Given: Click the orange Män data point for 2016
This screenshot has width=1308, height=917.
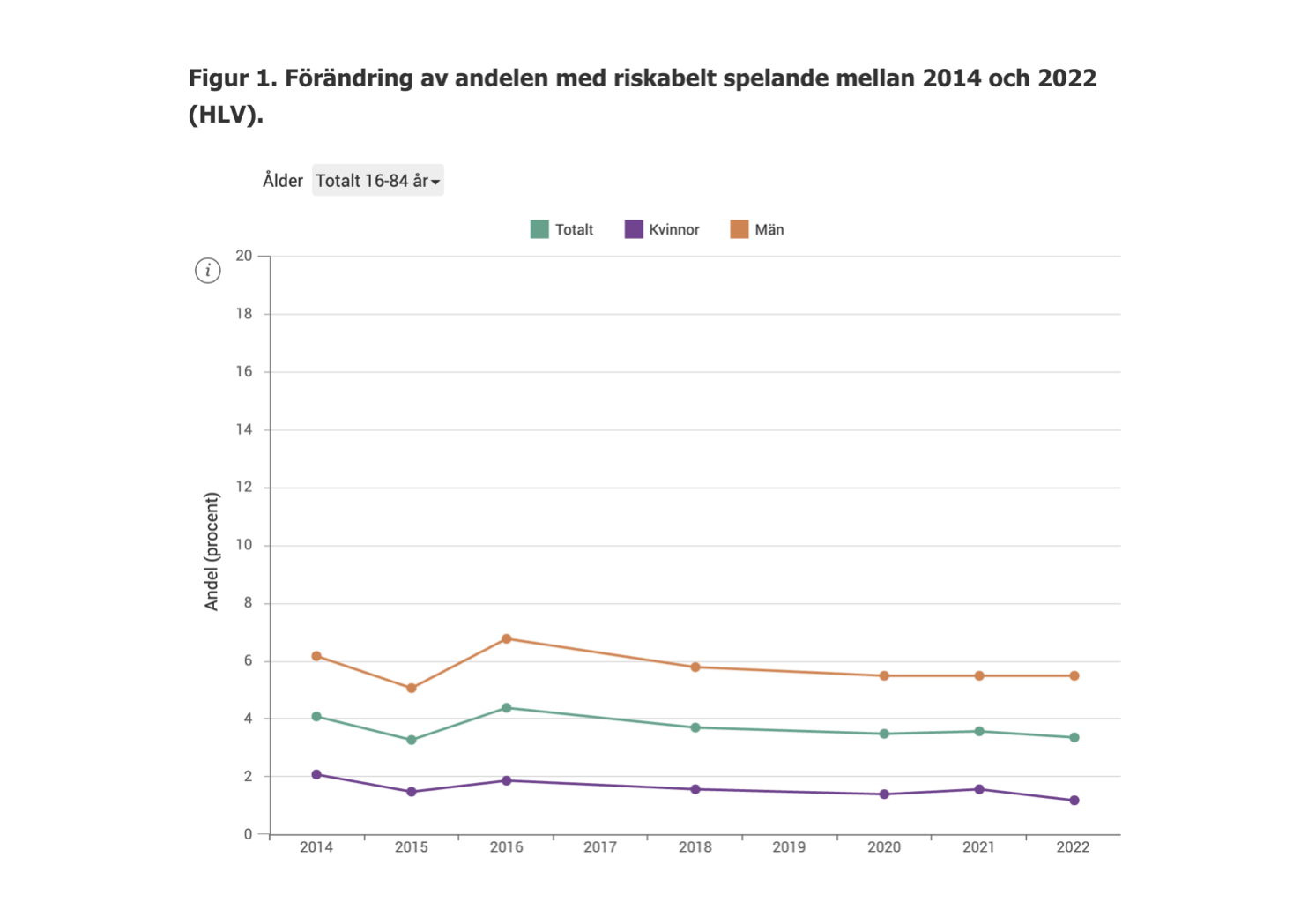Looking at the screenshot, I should (507, 638).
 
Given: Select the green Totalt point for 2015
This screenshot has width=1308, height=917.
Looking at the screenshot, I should (412, 740).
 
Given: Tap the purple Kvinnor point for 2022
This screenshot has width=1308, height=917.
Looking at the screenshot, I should (1074, 801).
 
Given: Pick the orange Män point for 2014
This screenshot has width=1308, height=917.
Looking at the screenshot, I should (316, 656).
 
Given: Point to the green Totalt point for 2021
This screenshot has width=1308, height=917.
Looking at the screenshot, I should (979, 731).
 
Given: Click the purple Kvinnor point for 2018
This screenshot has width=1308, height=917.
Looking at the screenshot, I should (695, 789).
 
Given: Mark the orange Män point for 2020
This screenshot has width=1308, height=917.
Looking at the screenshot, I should (884, 675).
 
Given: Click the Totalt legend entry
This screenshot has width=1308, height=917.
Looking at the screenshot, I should (562, 230).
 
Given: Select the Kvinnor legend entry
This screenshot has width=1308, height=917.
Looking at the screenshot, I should (662, 230).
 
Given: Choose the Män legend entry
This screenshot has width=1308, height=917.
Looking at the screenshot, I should (757, 230).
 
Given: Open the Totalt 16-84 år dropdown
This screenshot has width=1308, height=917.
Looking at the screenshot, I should (377, 181).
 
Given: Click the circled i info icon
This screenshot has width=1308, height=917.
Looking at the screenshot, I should (208, 271).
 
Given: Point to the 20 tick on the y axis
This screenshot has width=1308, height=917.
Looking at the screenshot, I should (244, 256).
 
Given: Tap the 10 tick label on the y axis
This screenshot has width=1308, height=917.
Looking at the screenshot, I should (244, 545).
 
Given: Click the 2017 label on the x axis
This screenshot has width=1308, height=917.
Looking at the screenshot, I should (600, 847).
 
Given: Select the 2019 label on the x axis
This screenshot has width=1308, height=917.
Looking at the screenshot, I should (789, 847).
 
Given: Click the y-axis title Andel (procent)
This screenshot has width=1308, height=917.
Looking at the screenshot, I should (212, 551).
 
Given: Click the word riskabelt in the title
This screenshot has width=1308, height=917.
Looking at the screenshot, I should (665, 78).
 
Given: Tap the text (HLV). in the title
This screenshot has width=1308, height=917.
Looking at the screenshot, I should (226, 115).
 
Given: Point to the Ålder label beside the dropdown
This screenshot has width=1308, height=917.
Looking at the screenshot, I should (282, 181).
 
